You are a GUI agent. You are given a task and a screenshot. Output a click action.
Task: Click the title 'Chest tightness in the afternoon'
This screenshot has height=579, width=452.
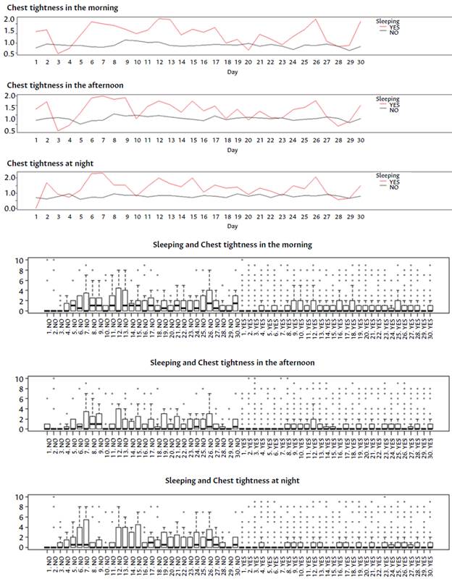click(x=55, y=85)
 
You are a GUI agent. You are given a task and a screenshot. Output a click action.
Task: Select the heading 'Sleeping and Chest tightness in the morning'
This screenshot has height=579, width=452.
click(x=232, y=245)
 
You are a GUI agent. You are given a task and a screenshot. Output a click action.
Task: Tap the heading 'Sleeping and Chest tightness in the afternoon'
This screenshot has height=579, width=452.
click(x=232, y=362)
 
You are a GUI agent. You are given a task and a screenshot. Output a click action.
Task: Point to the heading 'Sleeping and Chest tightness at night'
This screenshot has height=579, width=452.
click(x=232, y=480)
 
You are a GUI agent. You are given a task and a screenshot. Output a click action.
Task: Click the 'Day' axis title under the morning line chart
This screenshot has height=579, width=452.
click(x=232, y=72)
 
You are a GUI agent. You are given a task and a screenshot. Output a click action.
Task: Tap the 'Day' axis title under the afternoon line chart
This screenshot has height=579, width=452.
click(x=232, y=150)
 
